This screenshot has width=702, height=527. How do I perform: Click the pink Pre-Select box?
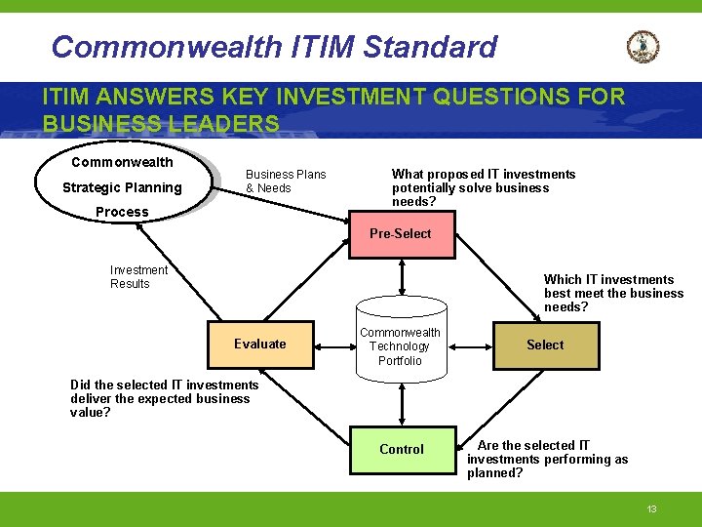(x=402, y=234)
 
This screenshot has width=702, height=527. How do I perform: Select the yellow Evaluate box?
(x=260, y=344)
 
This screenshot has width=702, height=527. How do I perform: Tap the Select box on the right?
(x=545, y=345)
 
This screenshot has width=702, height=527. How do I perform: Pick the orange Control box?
(x=402, y=449)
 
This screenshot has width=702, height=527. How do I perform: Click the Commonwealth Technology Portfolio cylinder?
(x=401, y=346)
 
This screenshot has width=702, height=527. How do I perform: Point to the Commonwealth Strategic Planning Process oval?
(x=123, y=186)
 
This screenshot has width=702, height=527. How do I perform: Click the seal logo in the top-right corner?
(x=643, y=47)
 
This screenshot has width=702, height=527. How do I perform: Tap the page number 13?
(x=652, y=509)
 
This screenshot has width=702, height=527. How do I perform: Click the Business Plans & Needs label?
(x=286, y=181)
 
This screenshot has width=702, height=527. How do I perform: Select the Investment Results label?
(x=138, y=277)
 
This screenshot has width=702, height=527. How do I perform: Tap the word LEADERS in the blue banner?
(x=223, y=124)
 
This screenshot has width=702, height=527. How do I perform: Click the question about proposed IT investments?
(x=484, y=187)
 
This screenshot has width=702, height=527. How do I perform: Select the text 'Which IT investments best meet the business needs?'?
(x=613, y=293)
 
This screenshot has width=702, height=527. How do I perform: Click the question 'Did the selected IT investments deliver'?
(x=165, y=398)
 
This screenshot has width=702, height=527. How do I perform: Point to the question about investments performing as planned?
(x=547, y=459)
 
